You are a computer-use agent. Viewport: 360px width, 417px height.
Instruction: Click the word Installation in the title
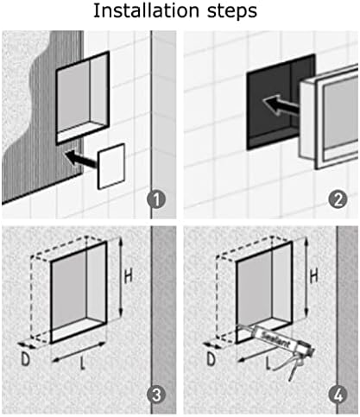[146, 10]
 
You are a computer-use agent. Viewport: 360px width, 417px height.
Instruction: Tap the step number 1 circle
[156, 199]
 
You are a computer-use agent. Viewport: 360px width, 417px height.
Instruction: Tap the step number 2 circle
[338, 199]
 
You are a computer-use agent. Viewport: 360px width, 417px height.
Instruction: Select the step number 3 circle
[156, 395]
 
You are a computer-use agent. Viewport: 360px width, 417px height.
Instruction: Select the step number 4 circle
[338, 395]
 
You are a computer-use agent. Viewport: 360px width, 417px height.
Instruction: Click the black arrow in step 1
[81, 159]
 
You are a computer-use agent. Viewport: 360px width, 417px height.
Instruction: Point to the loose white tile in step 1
[111, 166]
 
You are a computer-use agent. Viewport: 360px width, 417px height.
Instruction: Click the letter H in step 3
[128, 276]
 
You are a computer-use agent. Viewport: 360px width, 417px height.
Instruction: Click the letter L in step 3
[83, 363]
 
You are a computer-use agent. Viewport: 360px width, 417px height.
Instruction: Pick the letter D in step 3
[26, 359]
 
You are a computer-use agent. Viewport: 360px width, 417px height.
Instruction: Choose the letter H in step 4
[313, 275]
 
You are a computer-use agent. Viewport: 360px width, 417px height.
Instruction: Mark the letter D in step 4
[211, 359]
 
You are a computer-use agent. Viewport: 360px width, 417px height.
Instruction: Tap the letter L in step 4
[268, 363]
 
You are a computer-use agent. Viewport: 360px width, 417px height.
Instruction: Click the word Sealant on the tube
[274, 338]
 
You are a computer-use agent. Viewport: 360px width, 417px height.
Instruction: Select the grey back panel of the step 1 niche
[73, 97]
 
